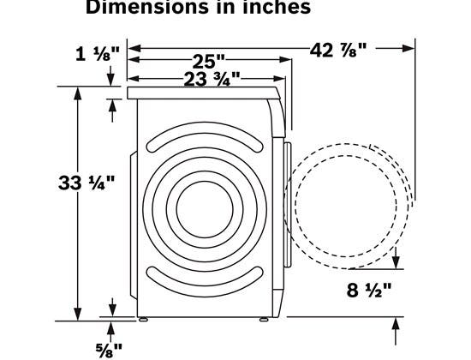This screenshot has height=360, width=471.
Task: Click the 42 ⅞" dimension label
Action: [x=338, y=50]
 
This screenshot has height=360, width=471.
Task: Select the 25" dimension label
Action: [x=208, y=62]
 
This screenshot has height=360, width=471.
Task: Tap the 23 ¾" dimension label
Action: [x=212, y=79]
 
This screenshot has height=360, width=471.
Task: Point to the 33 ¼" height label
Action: [x=86, y=183]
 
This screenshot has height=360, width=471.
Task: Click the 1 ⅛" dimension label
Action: [x=98, y=54]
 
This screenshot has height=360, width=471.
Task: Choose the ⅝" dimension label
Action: [x=109, y=350]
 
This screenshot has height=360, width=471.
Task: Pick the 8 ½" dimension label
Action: [x=369, y=291]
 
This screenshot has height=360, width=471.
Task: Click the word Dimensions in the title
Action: [x=147, y=7]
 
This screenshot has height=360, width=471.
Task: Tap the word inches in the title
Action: [x=277, y=7]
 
